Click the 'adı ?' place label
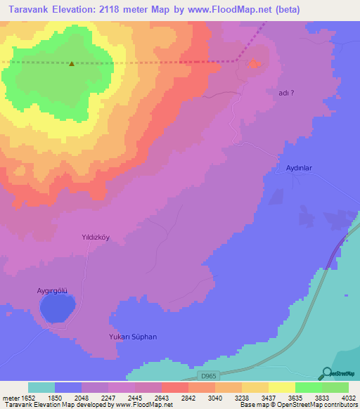[x=287, y=93]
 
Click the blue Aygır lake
[x=57, y=308]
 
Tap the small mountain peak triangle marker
[x=72, y=63]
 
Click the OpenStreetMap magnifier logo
[x=326, y=374]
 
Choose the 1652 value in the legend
[x=26, y=397]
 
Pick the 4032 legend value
[x=349, y=397]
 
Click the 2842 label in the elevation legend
[x=188, y=397]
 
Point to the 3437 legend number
[x=269, y=397]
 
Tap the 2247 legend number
[x=108, y=397]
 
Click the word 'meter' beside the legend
[x=9, y=397]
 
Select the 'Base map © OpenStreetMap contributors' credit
[x=297, y=405]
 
